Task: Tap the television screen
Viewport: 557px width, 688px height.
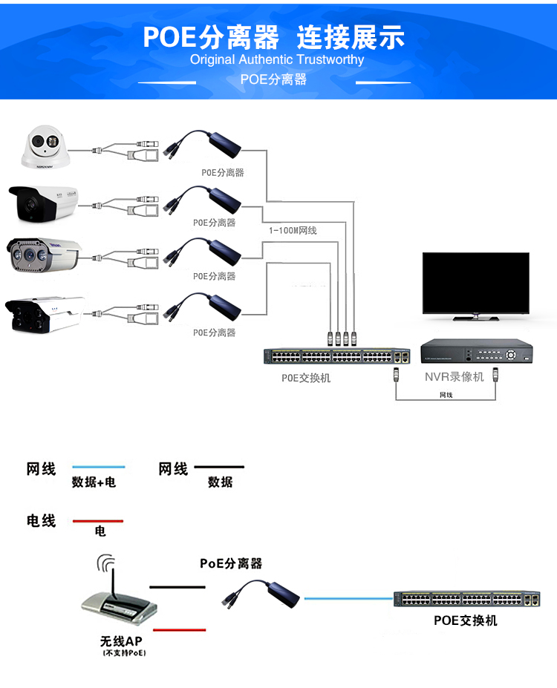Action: tap(475, 283)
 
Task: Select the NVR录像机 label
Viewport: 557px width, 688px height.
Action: tap(454, 377)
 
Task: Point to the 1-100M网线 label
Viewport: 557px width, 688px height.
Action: tap(293, 231)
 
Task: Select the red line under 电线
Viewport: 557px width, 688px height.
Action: tap(97, 521)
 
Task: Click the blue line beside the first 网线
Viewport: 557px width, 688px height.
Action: tap(98, 468)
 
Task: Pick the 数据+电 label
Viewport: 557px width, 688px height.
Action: tap(94, 482)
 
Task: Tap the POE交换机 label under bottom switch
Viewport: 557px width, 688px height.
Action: tap(466, 620)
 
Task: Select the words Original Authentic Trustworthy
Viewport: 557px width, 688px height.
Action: tap(277, 59)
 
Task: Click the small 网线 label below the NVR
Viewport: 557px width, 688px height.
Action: tap(446, 396)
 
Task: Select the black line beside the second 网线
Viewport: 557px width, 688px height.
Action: tap(219, 468)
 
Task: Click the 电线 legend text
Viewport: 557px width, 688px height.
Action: tap(42, 521)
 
